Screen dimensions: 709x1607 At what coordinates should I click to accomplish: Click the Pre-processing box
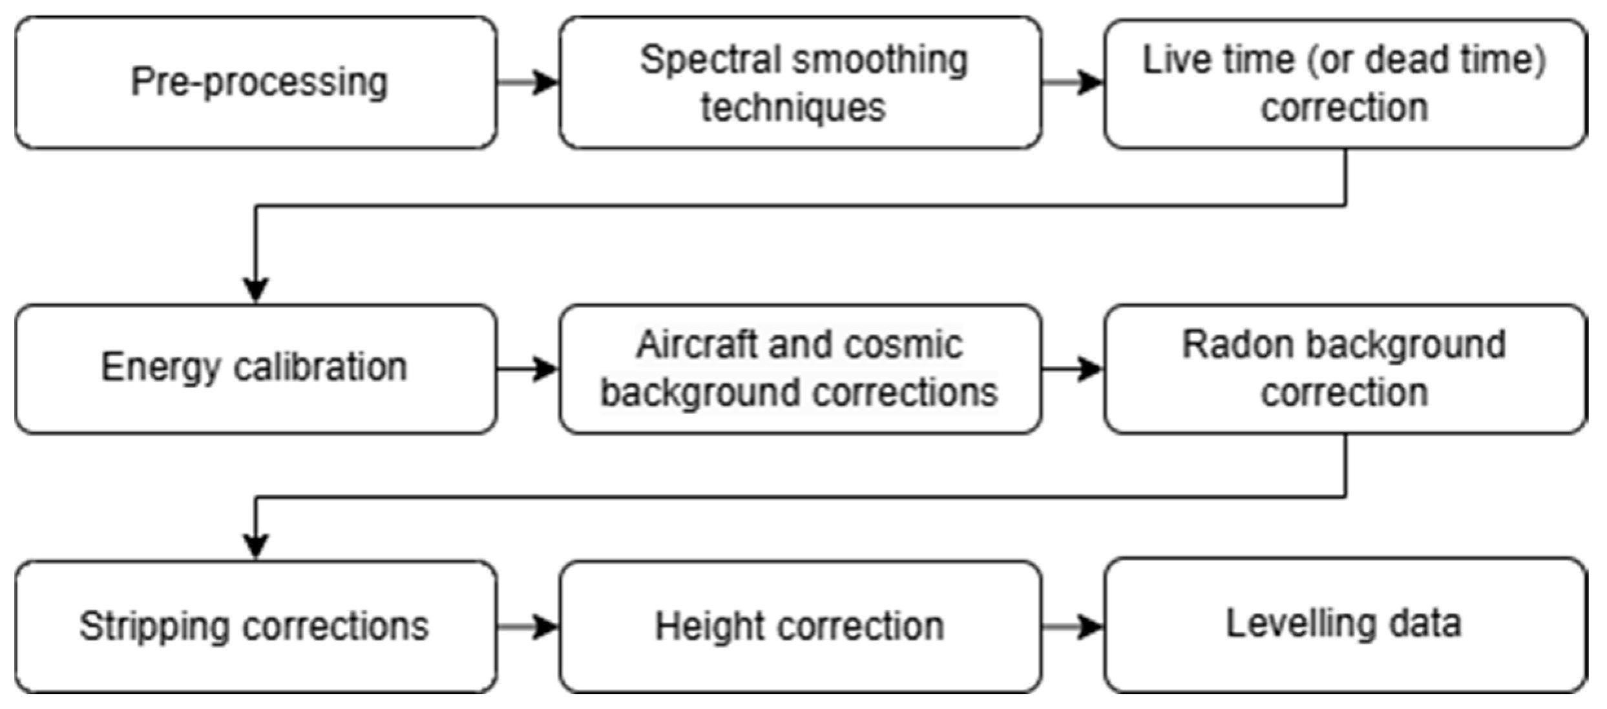click(256, 83)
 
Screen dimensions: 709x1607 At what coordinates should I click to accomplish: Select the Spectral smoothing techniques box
click(800, 83)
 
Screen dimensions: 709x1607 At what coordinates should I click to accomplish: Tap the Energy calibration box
click(256, 368)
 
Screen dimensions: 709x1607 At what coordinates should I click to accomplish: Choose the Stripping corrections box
click(256, 626)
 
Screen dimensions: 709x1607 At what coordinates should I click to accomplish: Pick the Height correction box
click(800, 626)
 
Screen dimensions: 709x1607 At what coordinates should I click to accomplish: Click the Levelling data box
click(1344, 625)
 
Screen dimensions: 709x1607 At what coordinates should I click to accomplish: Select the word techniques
click(793, 107)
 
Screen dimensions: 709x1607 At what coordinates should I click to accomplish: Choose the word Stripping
click(154, 626)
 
